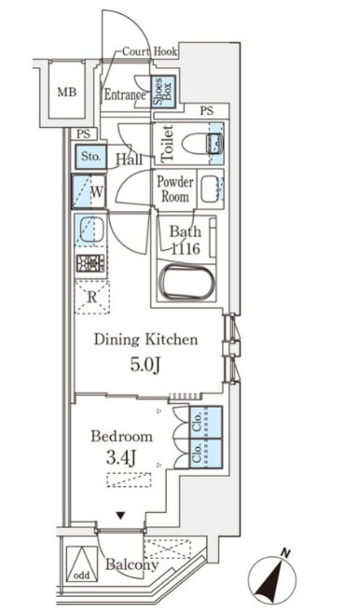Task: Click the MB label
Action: pos(67,92)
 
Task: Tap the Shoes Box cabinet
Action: pos(163,91)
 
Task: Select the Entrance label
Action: pos(125,95)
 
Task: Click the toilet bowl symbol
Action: pos(202,143)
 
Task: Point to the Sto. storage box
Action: pos(90,157)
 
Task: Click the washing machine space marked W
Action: pos(89,191)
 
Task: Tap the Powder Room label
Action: pos(175,188)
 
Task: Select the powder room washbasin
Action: pos(211,188)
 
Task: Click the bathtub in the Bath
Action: pos(187,283)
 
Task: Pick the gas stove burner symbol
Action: pos(90,263)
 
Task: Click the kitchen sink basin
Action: pos(91,230)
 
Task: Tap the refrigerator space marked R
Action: pos(91,297)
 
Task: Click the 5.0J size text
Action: pos(145,365)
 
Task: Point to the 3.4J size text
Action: pos(121,458)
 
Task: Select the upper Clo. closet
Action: pos(205,423)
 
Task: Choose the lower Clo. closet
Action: pos(205,453)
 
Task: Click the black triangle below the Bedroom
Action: pos(121,516)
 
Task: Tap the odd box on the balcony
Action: pos(82,564)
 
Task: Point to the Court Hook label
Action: pos(150,51)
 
